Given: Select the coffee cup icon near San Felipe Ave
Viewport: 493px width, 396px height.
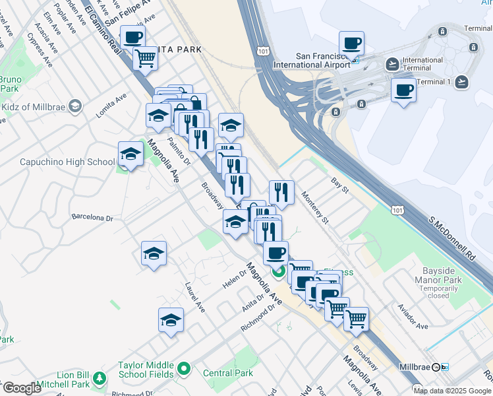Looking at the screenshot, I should [x=132, y=37].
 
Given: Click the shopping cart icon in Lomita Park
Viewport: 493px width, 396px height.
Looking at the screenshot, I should [x=145, y=58].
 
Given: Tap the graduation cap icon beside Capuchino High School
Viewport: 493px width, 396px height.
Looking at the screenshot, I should [x=130, y=154].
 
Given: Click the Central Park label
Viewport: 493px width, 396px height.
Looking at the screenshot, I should [x=227, y=373].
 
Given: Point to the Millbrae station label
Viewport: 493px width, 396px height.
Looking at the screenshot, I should [x=419, y=366].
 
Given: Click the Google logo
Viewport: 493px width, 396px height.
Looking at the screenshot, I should [x=22, y=388].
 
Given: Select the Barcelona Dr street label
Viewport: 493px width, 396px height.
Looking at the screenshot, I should [x=92, y=217].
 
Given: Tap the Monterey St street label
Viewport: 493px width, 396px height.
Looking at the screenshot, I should [x=314, y=207].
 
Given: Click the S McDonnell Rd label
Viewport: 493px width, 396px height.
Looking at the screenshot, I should [x=452, y=238].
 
